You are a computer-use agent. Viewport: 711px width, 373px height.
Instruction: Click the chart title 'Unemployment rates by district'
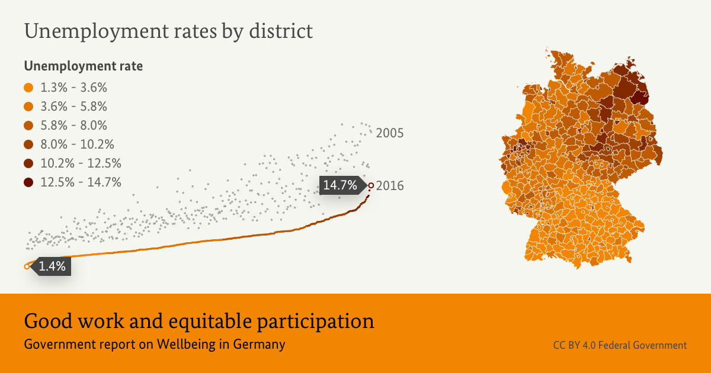pos(168,31)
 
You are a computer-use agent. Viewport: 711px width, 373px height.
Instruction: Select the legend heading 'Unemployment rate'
pos(83,66)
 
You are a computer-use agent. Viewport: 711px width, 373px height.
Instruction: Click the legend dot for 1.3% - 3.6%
pos(28,88)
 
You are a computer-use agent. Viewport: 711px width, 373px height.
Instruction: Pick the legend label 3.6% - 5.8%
pos(73,107)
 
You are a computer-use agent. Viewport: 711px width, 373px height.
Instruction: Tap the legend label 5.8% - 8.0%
pos(73,126)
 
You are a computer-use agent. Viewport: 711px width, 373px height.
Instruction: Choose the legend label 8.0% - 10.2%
pos(77,144)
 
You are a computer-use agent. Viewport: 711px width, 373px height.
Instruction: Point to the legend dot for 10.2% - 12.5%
pos(28,163)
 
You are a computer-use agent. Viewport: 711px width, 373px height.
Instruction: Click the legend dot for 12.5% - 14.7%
pos(28,182)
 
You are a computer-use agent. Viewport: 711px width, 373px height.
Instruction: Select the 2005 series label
pos(389,133)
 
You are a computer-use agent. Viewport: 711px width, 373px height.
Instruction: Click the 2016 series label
pos(389,186)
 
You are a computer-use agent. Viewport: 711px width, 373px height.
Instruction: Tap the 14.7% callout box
pos(340,185)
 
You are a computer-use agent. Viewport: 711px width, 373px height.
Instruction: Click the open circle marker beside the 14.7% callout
pos(371,185)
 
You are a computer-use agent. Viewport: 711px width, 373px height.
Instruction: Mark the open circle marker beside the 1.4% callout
pos(27,266)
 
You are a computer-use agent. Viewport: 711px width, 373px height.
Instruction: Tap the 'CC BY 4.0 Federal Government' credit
pos(620,345)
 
